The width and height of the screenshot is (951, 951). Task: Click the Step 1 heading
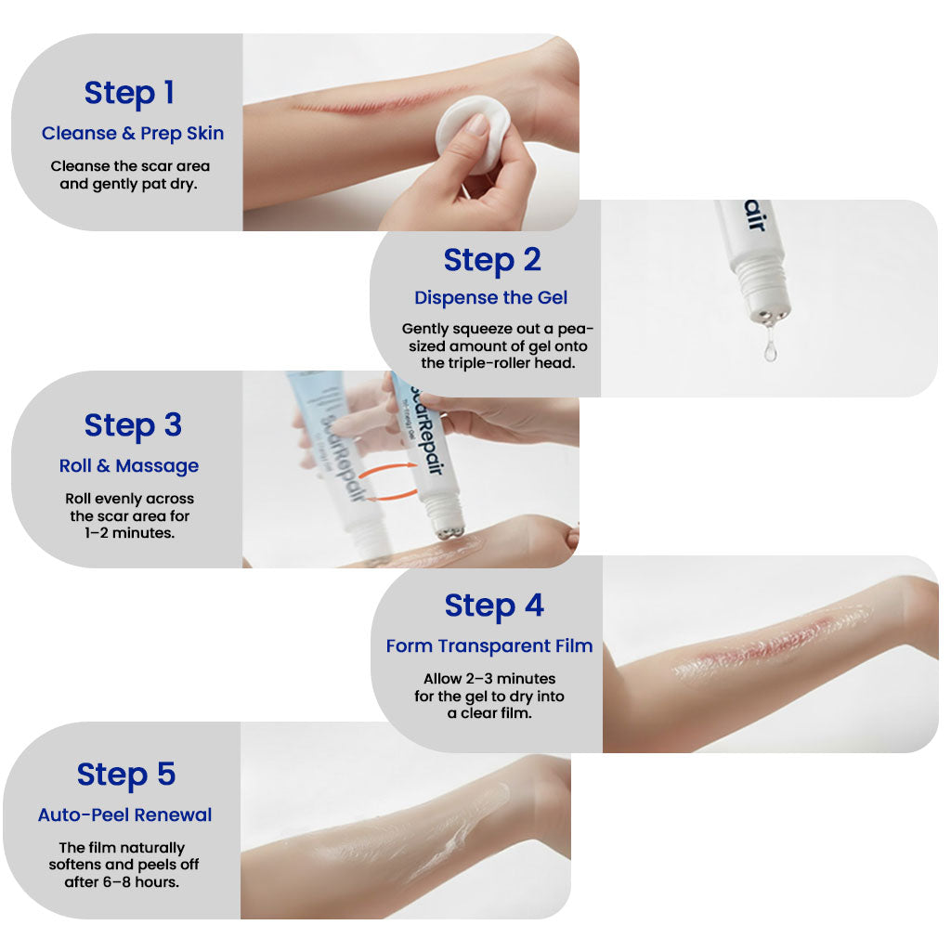click(x=129, y=93)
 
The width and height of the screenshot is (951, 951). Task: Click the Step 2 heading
click(x=491, y=260)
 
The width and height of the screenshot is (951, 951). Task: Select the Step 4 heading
click(x=493, y=606)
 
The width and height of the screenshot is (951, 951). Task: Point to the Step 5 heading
click(x=126, y=775)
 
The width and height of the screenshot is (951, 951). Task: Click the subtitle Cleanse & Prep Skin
click(x=133, y=133)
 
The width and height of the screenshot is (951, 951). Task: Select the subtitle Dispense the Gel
click(x=490, y=298)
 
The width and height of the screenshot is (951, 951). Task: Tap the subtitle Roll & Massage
click(x=129, y=465)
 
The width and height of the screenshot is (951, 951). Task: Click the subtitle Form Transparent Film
click(x=489, y=645)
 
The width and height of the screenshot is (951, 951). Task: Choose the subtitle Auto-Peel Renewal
click(x=125, y=814)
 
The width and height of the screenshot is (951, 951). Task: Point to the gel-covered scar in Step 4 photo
click(x=771, y=641)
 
